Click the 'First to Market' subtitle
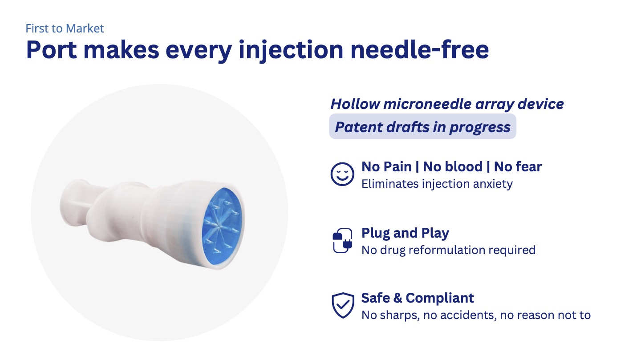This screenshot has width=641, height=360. tap(65, 28)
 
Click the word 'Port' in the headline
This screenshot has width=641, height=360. tap(51, 50)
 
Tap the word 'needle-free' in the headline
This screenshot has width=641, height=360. tap(419, 50)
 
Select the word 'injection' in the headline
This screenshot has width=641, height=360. tap(291, 51)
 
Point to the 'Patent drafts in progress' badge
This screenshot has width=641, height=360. tap(423, 126)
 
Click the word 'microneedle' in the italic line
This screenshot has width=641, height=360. tap(427, 104)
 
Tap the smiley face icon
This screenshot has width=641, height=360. tap(342, 174)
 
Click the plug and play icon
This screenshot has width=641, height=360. tap(342, 240)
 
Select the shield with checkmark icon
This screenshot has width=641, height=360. tap(343, 305)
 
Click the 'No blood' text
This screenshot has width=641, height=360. tap(453, 166)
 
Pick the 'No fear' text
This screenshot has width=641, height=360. tap(518, 166)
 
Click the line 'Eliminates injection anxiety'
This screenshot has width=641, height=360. tap(437, 184)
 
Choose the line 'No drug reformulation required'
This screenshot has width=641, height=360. tap(448, 250)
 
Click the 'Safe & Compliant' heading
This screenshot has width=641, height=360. tap(418, 298)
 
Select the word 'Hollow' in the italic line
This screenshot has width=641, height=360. tap(355, 104)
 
